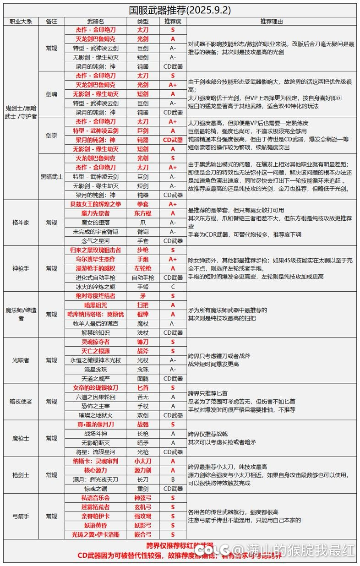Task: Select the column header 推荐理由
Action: [x=271, y=21]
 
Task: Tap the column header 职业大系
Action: [x=21, y=21]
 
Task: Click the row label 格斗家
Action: [x=21, y=223]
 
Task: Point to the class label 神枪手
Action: [x=21, y=268]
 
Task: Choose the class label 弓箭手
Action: [x=21, y=516]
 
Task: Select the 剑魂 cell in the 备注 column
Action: [x=52, y=94]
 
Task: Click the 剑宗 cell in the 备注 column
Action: [x=52, y=136]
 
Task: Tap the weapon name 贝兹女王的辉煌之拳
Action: [x=96, y=204]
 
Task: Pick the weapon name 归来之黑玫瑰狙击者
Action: [x=96, y=250]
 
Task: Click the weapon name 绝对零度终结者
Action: [x=96, y=296]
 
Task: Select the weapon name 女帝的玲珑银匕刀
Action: [x=96, y=388]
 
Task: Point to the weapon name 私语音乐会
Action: [x=96, y=498]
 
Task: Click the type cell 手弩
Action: [x=143, y=287]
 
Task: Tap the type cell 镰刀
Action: [x=143, y=342]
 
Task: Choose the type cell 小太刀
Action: [x=143, y=461]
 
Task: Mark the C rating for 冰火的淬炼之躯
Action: [x=173, y=287]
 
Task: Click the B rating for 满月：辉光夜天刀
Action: [x=173, y=479]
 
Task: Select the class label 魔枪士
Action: [x=21, y=438]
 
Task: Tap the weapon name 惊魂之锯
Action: [x=96, y=489]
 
